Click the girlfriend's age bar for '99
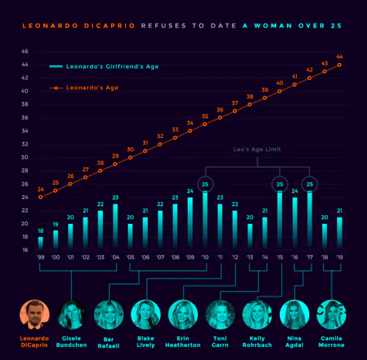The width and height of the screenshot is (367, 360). [x=41, y=243]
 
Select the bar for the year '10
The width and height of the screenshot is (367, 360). [x=205, y=220]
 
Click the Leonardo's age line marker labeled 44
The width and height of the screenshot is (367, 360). [x=339, y=65]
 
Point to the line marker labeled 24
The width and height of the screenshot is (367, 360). [x=41, y=197]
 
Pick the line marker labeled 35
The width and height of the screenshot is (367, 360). [x=205, y=124]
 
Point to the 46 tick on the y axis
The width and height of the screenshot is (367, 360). [x=25, y=51]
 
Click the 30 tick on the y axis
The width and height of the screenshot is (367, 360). [x=25, y=157]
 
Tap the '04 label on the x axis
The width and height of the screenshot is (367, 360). [x=115, y=257]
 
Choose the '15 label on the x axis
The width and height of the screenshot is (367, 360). [x=279, y=257]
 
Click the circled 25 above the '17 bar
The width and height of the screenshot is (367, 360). [x=309, y=184]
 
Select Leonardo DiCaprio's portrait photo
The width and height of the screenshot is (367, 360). [x=35, y=314]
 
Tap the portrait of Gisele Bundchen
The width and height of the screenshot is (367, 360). [x=72, y=314]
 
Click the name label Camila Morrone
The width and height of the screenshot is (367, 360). [x=332, y=341]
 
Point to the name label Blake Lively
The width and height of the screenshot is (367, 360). [x=146, y=341]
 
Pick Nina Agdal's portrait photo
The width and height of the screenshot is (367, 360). [x=295, y=314]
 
